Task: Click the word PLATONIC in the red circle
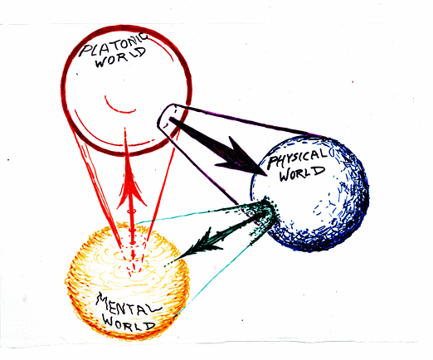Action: coord(114,44)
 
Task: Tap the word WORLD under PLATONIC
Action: coord(120,59)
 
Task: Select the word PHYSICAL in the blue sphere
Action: coord(298,158)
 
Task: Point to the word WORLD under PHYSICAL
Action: coord(302,174)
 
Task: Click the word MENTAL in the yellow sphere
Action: coord(128,304)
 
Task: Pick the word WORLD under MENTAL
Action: coord(129,323)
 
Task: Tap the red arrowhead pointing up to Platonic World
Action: coord(131,182)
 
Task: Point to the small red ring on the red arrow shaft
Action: coord(132,212)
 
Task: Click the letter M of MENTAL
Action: coord(103,301)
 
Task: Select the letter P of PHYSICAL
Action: coord(273,163)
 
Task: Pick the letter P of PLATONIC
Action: coord(85,51)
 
